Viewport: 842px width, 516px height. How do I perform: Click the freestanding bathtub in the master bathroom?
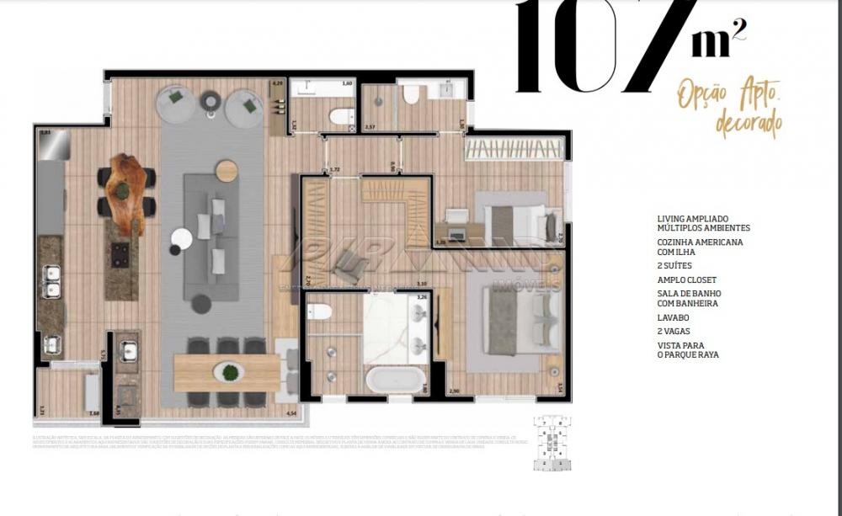click(x=393, y=379)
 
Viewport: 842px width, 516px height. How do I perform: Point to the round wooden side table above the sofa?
click(x=226, y=171)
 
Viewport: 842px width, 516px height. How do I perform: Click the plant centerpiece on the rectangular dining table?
click(x=226, y=370)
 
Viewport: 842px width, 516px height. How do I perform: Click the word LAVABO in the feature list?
click(x=674, y=318)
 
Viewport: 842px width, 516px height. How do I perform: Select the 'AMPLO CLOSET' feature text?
click(x=686, y=279)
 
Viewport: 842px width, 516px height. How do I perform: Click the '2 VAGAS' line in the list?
click(x=675, y=332)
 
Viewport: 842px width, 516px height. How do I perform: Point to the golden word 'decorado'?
click(x=748, y=123)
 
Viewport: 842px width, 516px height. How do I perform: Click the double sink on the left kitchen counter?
click(x=53, y=280)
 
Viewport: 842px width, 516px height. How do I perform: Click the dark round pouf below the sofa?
click(x=202, y=304)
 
